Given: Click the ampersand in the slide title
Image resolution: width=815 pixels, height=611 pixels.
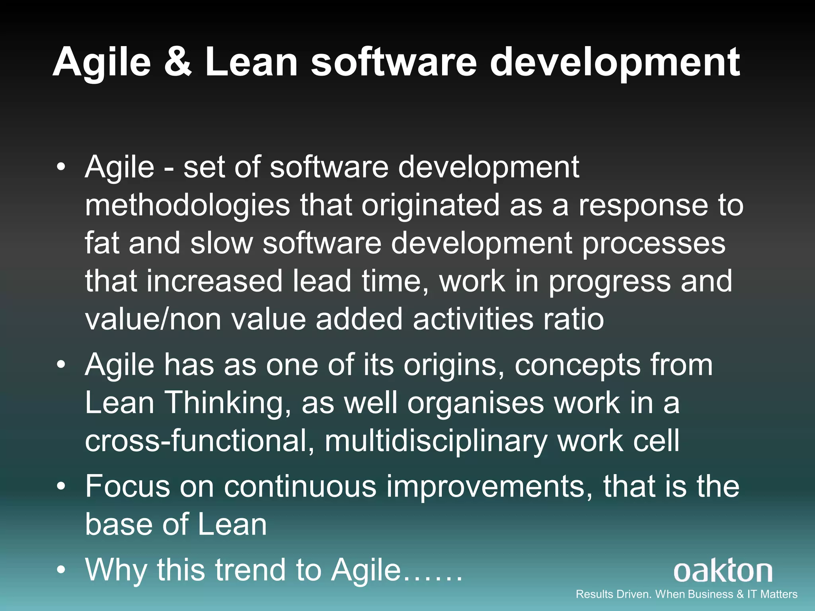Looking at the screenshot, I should point(177,62).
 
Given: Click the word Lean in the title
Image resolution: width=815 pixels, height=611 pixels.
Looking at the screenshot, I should point(251,62).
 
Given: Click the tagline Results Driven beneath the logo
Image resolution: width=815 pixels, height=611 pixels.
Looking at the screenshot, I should point(686,594).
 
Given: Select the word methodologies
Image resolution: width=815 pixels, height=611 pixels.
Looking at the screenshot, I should point(187,206).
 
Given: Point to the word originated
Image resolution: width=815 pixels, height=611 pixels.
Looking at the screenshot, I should point(430,206).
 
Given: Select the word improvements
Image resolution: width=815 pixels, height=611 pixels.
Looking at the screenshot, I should point(489,487).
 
